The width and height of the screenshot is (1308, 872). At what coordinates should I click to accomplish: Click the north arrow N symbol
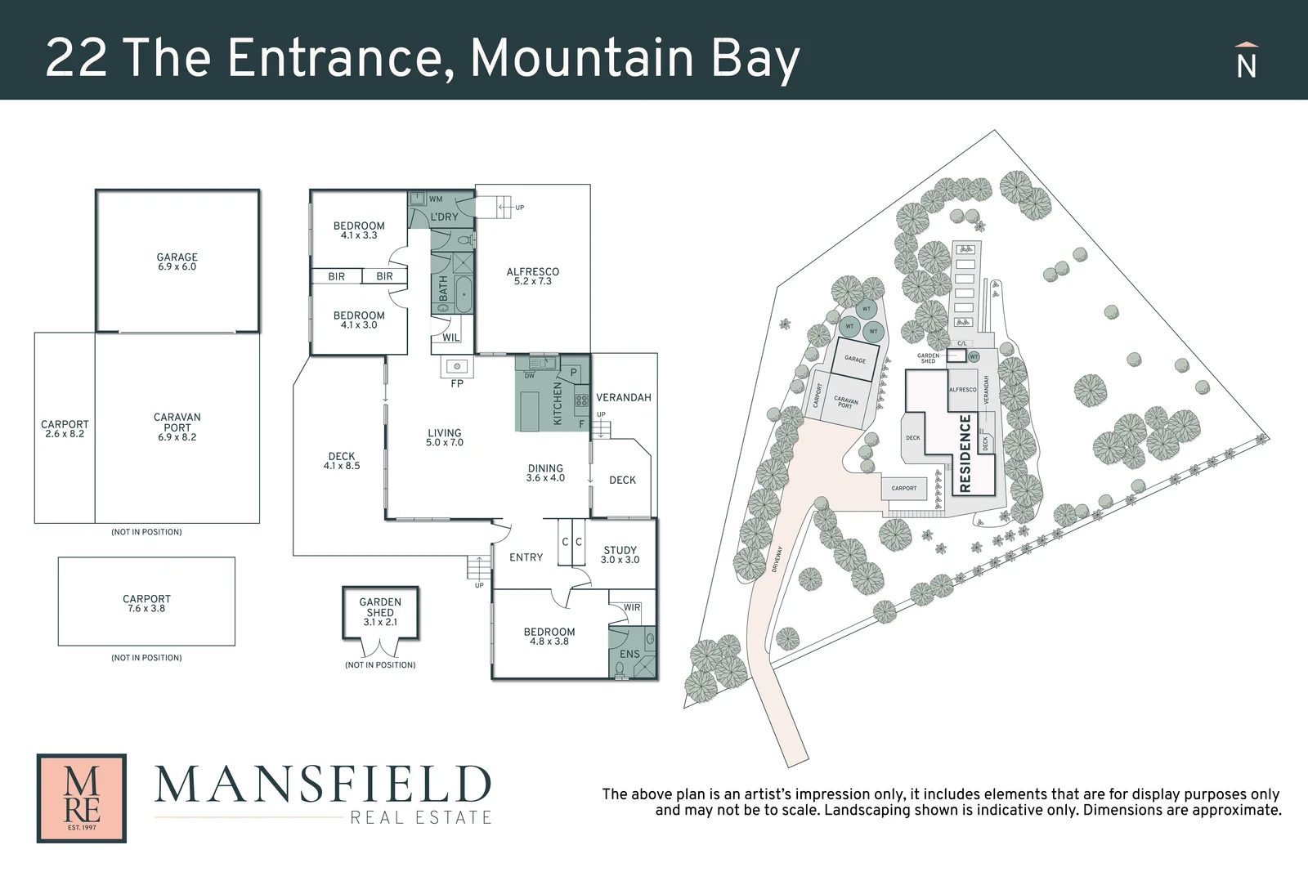click(x=1246, y=62)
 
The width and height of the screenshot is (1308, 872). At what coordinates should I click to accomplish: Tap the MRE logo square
click(x=82, y=798)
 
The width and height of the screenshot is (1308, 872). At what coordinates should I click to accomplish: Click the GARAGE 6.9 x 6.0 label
click(x=177, y=262)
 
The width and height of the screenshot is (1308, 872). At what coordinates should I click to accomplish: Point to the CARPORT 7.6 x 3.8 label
click(x=147, y=603)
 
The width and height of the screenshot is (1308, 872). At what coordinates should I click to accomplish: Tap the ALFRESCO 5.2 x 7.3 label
click(x=533, y=276)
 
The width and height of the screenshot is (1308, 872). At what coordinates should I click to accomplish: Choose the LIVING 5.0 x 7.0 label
click(x=445, y=437)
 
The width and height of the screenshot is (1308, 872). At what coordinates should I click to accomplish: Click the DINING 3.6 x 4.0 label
click(x=545, y=473)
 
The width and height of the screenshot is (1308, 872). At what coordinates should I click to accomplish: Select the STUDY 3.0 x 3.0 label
click(x=620, y=555)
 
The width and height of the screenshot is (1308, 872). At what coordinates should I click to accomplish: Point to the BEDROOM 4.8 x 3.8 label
click(x=549, y=636)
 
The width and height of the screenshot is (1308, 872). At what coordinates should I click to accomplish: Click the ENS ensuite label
click(x=629, y=654)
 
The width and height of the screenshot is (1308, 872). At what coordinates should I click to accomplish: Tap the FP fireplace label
click(x=457, y=383)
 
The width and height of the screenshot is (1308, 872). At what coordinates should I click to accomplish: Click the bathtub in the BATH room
click(x=464, y=294)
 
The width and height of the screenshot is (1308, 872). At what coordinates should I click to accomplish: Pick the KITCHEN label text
click(x=558, y=403)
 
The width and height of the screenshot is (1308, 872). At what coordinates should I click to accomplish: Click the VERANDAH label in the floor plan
click(x=624, y=397)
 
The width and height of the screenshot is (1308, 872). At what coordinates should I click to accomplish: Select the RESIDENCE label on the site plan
click(x=965, y=453)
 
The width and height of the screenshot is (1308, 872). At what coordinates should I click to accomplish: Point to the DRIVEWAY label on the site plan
click(x=777, y=559)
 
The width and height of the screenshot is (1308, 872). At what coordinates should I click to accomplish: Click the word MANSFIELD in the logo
click(x=323, y=785)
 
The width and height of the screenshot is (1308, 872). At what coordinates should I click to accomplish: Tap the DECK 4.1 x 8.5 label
click(x=342, y=461)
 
